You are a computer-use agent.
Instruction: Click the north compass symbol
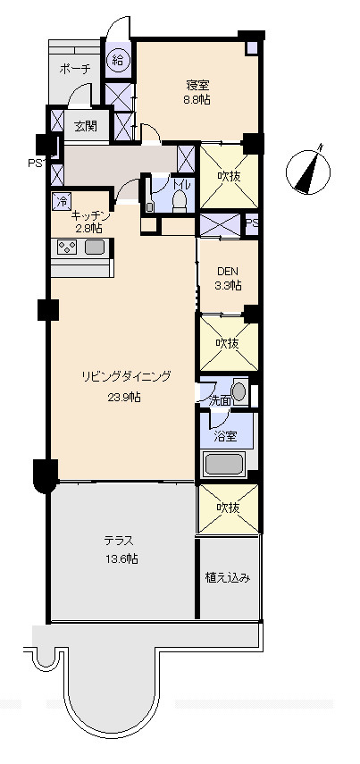pos(308,170)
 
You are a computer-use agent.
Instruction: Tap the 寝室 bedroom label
pos(197,86)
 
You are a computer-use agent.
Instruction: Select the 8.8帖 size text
pos(197,100)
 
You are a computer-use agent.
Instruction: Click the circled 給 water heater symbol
pos(118,61)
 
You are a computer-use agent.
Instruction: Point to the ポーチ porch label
pos(75,70)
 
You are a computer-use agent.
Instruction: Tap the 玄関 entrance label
pos(85,126)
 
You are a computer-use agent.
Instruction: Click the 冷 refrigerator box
pos(62,201)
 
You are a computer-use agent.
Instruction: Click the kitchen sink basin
pos(94,247)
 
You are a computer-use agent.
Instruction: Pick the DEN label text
pos(227,272)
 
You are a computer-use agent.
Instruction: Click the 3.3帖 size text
pos(228,286)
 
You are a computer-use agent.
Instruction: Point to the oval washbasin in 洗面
pos(239,391)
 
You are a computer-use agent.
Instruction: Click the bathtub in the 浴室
pos(224,464)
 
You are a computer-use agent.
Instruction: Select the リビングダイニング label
pos(126,377)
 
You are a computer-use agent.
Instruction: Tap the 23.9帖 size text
pos(124,398)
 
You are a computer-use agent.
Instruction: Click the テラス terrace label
pos(119,541)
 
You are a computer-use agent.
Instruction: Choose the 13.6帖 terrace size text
pos(121,559)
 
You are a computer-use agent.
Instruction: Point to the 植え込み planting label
pos(228,578)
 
